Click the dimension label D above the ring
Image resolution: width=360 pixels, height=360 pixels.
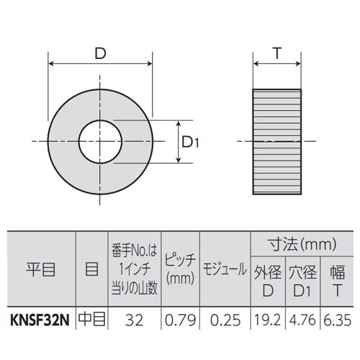100,53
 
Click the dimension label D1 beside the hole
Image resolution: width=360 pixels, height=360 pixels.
190,143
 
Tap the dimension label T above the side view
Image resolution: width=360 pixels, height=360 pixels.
277,53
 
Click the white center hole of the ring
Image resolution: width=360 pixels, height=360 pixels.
100,142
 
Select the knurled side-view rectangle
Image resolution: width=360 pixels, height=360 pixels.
277,142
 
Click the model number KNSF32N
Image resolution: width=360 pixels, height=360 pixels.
40,320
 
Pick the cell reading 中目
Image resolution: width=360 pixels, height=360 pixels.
92,320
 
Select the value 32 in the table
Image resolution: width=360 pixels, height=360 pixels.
134,320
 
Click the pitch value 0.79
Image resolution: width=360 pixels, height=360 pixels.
181,320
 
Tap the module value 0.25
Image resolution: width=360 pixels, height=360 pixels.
225,320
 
